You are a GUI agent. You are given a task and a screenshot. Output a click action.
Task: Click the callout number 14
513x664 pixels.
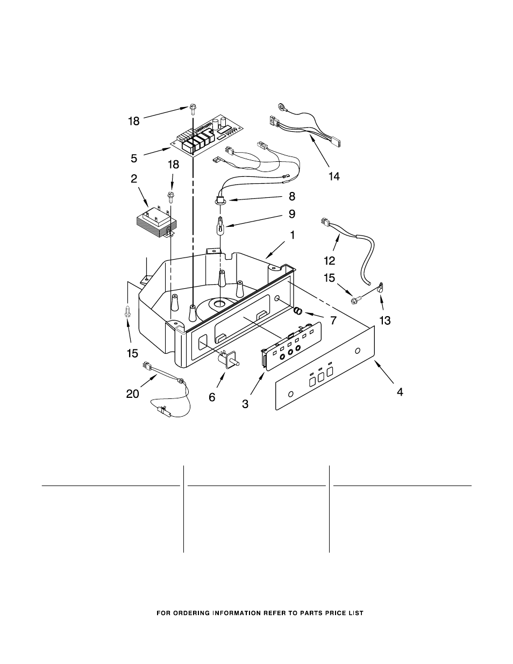coord(334,176)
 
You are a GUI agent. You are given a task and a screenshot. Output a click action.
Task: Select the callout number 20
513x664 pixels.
coord(133,394)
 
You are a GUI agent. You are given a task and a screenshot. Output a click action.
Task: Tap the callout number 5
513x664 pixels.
coord(134,158)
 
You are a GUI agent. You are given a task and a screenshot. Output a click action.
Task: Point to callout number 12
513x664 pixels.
coord(330,261)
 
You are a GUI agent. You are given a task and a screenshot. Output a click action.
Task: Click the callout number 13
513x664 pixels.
coord(385,320)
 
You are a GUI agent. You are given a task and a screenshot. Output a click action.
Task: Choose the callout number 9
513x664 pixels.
coord(292,214)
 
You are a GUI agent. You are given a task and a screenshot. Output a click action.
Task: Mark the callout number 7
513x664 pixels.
coord(333,320)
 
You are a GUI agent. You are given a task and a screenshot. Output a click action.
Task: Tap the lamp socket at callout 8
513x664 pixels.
coord(219,201)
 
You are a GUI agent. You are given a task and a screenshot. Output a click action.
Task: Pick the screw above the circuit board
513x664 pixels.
coord(193,109)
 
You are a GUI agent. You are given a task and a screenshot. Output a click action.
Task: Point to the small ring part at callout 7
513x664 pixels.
coord(298,311)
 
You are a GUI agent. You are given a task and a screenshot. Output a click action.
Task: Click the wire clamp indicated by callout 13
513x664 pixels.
coord(380,288)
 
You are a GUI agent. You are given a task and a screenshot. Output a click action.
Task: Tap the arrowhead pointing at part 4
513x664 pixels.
coord(376,363)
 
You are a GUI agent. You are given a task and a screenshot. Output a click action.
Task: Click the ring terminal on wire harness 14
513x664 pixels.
coord(281,106)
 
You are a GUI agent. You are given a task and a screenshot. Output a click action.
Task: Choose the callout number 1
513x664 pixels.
coord(293,235)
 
